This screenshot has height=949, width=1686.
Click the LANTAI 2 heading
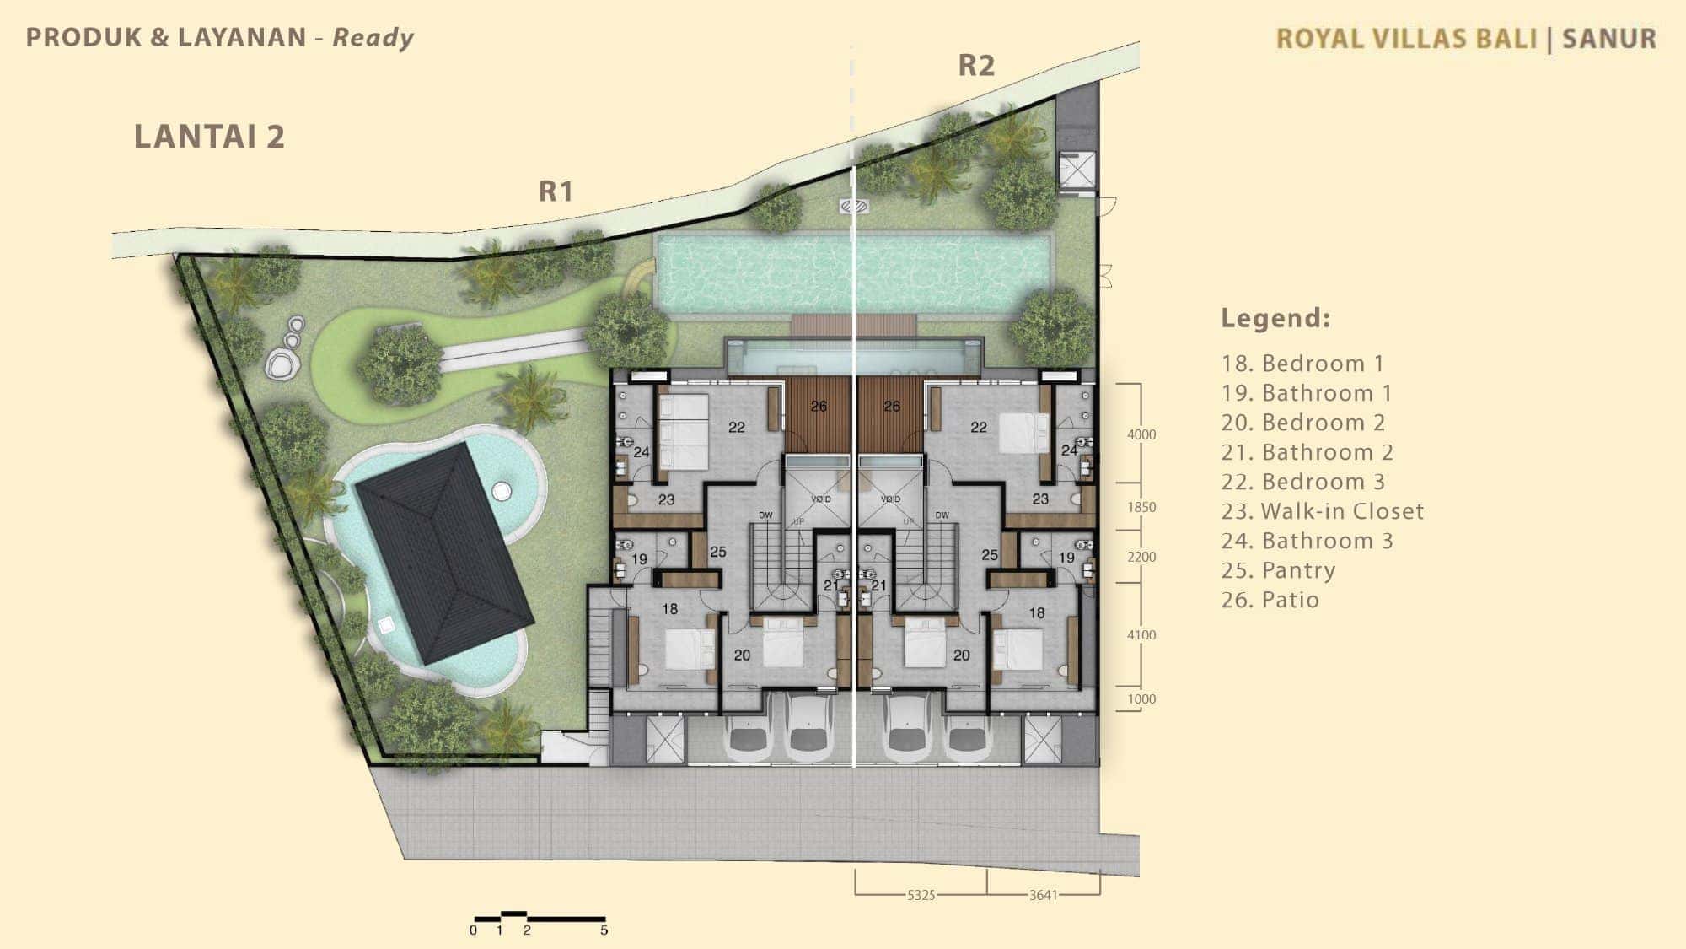point(209,137)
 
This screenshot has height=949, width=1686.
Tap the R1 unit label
point(556,191)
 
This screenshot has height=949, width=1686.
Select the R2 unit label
point(976,65)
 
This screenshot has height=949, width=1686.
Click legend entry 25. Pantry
point(1278,571)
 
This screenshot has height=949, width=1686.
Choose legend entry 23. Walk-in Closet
point(1323,511)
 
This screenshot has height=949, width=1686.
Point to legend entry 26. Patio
point(1270,600)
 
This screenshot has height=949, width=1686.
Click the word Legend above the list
point(1275,318)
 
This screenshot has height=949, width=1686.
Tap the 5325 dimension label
point(921,895)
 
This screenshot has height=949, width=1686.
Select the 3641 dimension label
point(1043,895)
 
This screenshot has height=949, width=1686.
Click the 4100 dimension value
point(1141,635)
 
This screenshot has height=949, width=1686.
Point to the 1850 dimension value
point(1141,507)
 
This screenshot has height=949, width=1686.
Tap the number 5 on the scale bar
point(604,930)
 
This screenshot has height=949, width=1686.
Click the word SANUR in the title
point(1609,39)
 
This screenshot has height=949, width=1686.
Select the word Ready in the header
point(373,38)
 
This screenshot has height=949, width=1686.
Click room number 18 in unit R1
point(670,608)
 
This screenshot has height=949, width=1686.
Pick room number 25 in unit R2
point(990,555)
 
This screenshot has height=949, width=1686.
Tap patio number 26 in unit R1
point(819,407)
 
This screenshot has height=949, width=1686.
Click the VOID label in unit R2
point(890,499)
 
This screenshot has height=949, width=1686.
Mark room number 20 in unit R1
point(742,655)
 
